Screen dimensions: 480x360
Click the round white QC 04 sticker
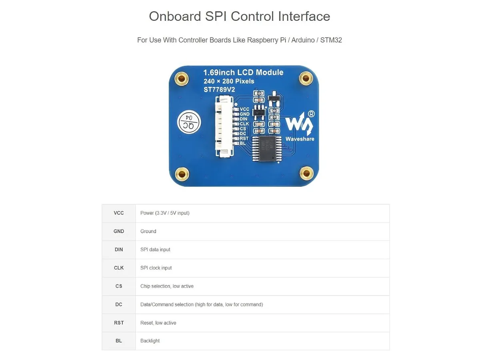coord(189,122)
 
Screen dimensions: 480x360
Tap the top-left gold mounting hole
coord(181,78)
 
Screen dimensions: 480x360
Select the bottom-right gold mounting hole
coord(306,174)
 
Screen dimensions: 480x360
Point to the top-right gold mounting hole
coord(306,78)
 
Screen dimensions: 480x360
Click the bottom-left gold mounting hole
coord(182,174)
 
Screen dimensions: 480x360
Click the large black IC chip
coord(267,149)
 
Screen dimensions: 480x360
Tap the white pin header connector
coord(224,126)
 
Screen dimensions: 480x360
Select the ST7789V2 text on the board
coord(219,90)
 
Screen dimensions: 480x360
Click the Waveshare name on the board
coord(300,139)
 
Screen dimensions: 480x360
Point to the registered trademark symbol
coord(311,114)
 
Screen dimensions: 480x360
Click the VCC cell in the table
coord(119,213)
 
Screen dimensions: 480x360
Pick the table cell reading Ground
coord(148,231)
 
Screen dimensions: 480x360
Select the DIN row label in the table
coord(119,249)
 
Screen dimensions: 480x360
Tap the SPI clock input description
coord(156,268)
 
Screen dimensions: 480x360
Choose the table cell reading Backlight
coord(150,341)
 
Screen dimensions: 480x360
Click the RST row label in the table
coord(119,323)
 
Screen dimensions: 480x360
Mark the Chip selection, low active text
coord(167,286)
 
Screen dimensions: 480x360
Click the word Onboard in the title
coord(175,16)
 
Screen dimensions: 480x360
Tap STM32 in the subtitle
coord(331,40)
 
